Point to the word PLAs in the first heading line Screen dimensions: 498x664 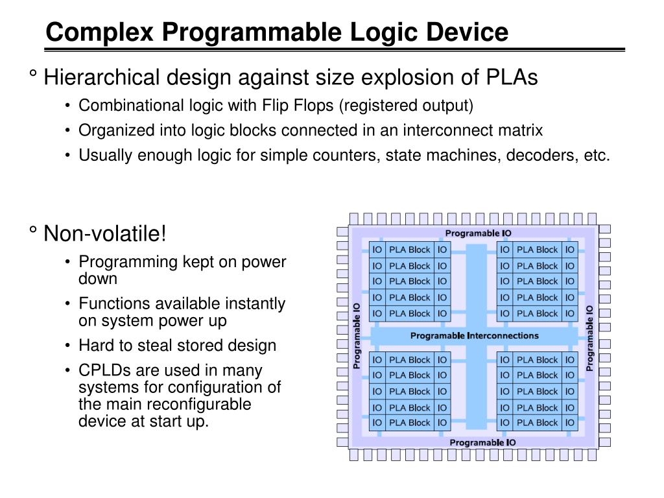(x=512, y=78)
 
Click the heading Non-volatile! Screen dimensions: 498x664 (x=105, y=233)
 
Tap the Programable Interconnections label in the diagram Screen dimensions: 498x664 (x=474, y=336)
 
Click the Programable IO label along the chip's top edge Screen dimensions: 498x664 (x=479, y=233)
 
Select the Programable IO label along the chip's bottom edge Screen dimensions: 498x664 (x=482, y=442)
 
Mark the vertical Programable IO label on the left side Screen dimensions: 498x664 (x=357, y=337)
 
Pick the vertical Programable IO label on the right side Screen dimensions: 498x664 (x=589, y=338)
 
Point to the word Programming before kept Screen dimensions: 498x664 (x=120, y=262)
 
